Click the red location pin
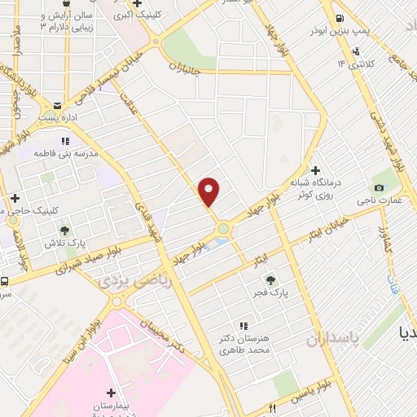(x=209, y=191)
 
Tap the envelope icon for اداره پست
(x=58, y=106)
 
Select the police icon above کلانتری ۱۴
(x=355, y=51)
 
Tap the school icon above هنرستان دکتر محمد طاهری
(x=242, y=326)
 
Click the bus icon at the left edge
(x=5, y=282)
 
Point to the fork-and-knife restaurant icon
(x=274, y=406)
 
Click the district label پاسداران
(x=331, y=340)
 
